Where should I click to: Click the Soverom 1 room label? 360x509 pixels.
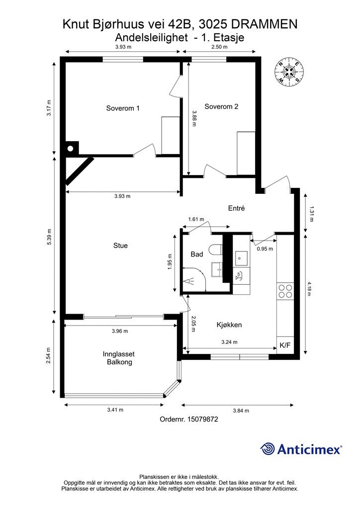tap(123, 108)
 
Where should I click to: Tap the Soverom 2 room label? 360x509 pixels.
tap(221, 106)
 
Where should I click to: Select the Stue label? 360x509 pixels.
tap(120, 246)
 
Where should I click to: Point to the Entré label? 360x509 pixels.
tap(236, 208)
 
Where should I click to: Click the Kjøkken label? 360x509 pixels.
tap(229, 325)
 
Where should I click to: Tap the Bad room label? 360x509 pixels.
tap(197, 254)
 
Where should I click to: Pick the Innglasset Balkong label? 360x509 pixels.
tap(119, 358)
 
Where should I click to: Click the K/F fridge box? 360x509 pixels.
tap(285, 345)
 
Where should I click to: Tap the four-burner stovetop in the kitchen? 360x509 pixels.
tap(285, 291)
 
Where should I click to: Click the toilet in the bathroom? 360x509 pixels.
tap(215, 251)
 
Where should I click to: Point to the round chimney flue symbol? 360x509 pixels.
tap(70, 149)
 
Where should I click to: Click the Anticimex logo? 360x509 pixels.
tap(301, 449)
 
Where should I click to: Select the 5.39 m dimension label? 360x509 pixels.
tap(49, 237)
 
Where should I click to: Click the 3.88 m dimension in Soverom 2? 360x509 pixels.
tap(194, 118)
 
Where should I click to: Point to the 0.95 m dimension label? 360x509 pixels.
tap(265, 249)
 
